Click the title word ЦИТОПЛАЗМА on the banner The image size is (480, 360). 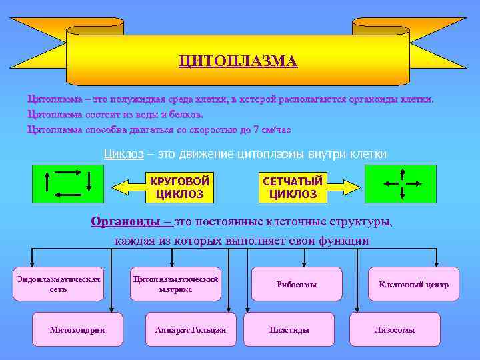pos(238,61)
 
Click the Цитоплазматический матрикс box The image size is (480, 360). pos(175,284)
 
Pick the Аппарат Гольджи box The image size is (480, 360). pos(190,329)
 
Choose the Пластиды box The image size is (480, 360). pos(289,329)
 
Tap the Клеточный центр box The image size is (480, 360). pos(413,284)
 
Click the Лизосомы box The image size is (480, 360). pos(395,329)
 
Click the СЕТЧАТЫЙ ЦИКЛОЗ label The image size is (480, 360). pos(293,187)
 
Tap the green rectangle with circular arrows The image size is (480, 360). pos(67,182)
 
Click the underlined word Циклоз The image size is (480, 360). pos(123,154)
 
